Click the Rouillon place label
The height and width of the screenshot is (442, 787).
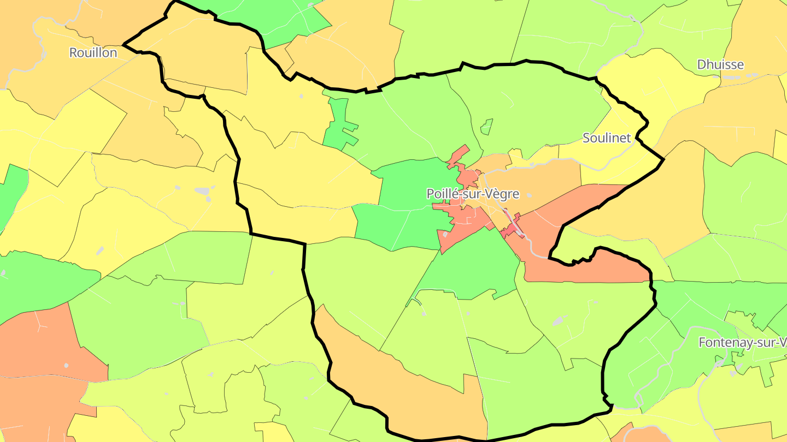click(93, 52)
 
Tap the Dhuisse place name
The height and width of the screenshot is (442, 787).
click(720, 64)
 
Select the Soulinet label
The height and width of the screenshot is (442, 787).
click(607, 138)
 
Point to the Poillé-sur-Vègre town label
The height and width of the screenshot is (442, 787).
click(472, 194)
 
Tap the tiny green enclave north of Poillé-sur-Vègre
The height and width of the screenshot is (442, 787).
click(486, 127)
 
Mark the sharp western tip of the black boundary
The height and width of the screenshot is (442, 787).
click(125, 44)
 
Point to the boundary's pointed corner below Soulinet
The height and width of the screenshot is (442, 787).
click(663, 159)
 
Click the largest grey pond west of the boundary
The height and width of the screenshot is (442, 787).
click(202, 191)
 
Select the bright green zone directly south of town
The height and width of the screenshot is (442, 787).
click(475, 267)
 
